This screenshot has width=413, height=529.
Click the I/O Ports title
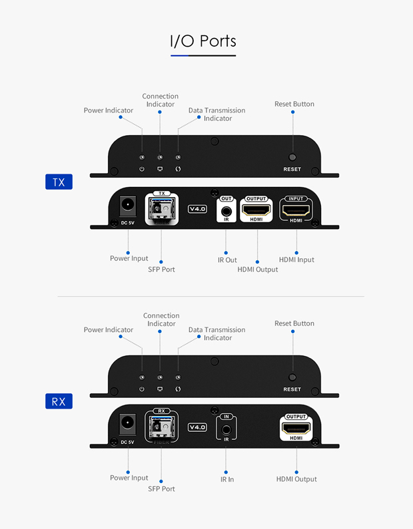pyautogui.click(x=203, y=41)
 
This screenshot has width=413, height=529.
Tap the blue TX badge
pyautogui.click(x=59, y=182)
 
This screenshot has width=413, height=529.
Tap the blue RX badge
pyautogui.click(x=59, y=401)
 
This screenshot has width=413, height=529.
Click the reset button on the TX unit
pyautogui.click(x=292, y=157)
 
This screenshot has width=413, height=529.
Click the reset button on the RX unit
pyautogui.click(x=292, y=377)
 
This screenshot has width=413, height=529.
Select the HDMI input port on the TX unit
pyautogui.click(x=296, y=211)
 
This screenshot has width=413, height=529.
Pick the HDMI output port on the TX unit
pyautogui.click(x=256, y=210)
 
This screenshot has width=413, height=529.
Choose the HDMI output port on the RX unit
pyautogui.click(x=296, y=429)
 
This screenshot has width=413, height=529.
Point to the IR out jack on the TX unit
pyautogui.click(x=226, y=212)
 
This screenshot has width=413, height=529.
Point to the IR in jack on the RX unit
pyautogui.click(x=226, y=430)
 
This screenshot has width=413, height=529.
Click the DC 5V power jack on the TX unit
pyautogui.click(x=128, y=206)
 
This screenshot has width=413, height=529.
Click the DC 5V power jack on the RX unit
pyautogui.click(x=128, y=424)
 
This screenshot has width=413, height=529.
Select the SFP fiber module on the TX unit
pyautogui.click(x=161, y=210)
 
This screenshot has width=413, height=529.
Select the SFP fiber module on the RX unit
pyautogui.click(x=161, y=427)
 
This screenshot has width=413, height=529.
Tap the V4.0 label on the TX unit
pyautogui.click(x=198, y=209)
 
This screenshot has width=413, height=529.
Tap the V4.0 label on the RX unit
pyautogui.click(x=198, y=427)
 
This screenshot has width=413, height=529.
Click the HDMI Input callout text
pyautogui.click(x=296, y=260)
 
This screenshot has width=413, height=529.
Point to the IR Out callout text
pyautogui.click(x=227, y=260)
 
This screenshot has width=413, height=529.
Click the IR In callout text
pyautogui.click(x=227, y=479)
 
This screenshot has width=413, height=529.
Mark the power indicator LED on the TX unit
pyautogui.click(x=142, y=157)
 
